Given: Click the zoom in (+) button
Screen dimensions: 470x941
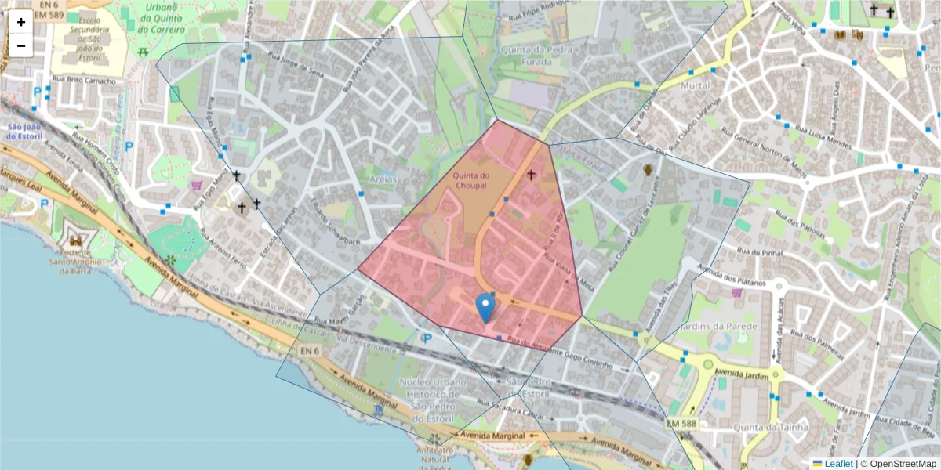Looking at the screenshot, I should (x=21, y=22).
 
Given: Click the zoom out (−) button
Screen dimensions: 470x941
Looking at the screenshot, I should (x=21, y=45).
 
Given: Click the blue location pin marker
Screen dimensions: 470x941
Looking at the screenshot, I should (x=486, y=308).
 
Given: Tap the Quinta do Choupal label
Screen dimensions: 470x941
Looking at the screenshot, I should (x=470, y=181).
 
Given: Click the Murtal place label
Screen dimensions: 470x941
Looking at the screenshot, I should (x=697, y=85).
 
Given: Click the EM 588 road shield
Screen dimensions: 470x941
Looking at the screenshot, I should (x=682, y=423).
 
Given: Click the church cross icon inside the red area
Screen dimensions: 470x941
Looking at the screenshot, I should (x=532, y=175).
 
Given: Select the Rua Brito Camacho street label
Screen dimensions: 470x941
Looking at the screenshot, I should (x=84, y=80).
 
